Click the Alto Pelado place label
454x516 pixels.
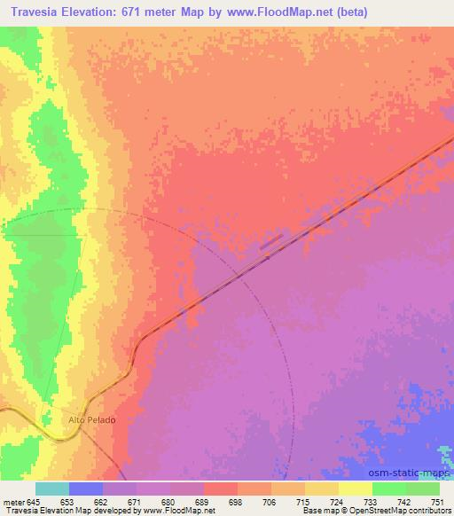[92, 419]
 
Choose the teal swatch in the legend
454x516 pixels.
[51, 488]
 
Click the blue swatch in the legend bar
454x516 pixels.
[86, 488]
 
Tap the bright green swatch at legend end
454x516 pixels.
[423, 488]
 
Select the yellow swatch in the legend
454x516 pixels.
[356, 488]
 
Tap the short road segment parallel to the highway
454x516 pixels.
[271, 241]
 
